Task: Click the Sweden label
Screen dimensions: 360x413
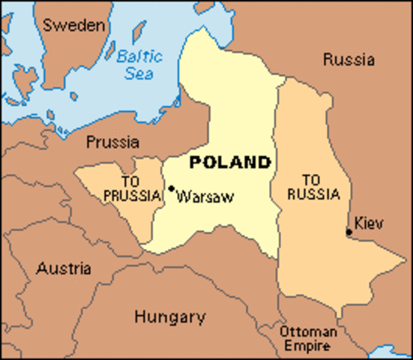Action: (73, 25)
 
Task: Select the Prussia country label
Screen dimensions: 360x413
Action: (112, 141)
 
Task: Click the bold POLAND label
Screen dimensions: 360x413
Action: (229, 162)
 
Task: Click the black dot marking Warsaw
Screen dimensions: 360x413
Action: (172, 188)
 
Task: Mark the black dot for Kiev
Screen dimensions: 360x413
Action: (349, 232)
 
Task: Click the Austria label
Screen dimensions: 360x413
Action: (64, 268)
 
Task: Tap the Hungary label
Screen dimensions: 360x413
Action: (170, 316)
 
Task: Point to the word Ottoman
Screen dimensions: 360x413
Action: (307, 331)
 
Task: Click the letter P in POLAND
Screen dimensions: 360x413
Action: (195, 162)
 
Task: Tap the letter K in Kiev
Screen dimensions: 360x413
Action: (359, 223)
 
